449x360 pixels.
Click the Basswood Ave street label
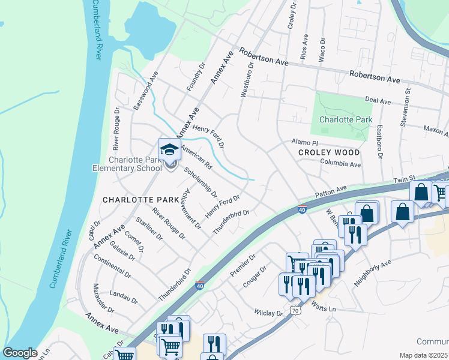coord(145,91)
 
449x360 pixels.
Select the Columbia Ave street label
coord(340,164)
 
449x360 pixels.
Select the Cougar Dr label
coord(255,278)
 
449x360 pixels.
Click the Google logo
coord(20,353)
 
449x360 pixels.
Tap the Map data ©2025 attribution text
coord(424,355)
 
